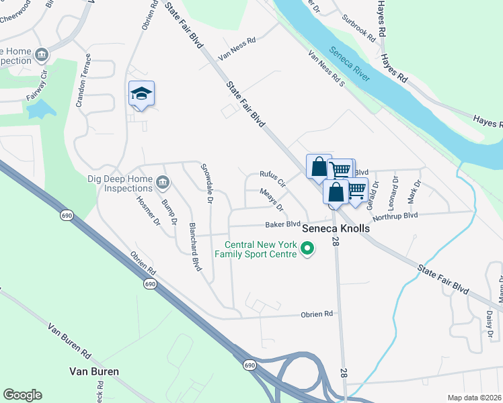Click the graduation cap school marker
142,94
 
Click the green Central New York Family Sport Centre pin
308,249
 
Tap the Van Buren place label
94,371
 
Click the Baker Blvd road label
282,224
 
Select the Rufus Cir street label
273,179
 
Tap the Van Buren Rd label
69,341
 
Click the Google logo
22,394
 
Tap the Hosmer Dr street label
149,210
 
